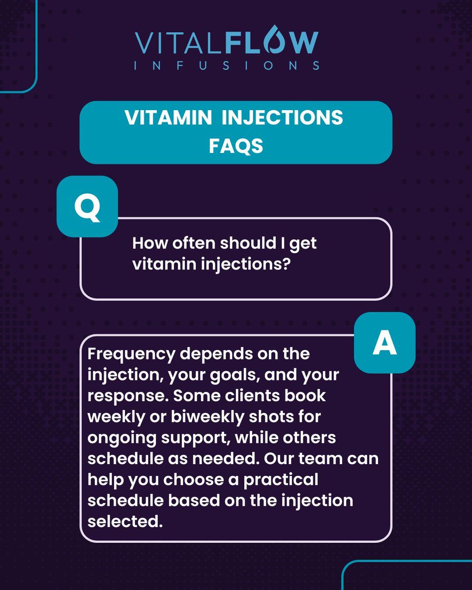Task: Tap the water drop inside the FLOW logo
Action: click(x=274, y=39)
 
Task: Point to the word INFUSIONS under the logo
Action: click(x=227, y=66)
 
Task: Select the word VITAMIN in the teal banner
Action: click(x=168, y=118)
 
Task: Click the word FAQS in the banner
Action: click(x=236, y=146)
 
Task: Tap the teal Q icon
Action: click(x=87, y=206)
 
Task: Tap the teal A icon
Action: click(x=384, y=343)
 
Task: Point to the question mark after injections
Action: click(x=286, y=264)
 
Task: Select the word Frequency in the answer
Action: click(x=131, y=354)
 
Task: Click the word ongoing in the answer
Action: click(x=122, y=438)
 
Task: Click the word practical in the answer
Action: click(x=281, y=480)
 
